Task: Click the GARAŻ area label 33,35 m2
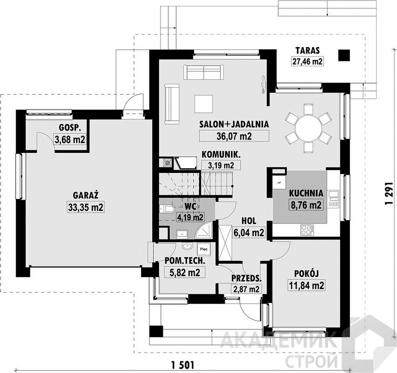[x=86, y=207]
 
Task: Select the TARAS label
[x=308, y=50]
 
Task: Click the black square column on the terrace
[x=344, y=55]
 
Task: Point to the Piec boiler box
[x=204, y=249]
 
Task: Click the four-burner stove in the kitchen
[x=307, y=230]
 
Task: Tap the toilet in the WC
[x=167, y=209]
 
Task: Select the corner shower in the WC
[x=204, y=231]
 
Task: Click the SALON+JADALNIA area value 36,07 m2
[x=234, y=136]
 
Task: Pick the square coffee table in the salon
[x=204, y=104]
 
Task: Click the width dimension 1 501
[x=183, y=366]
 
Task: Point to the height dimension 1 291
[x=389, y=194]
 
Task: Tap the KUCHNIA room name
[x=306, y=193]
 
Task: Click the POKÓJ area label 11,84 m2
[x=306, y=285]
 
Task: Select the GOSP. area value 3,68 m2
[x=70, y=139]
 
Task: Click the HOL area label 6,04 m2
[x=249, y=232]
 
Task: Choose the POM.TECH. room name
[x=185, y=261]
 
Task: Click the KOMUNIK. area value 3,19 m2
[x=221, y=166]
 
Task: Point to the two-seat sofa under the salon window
[x=204, y=72]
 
